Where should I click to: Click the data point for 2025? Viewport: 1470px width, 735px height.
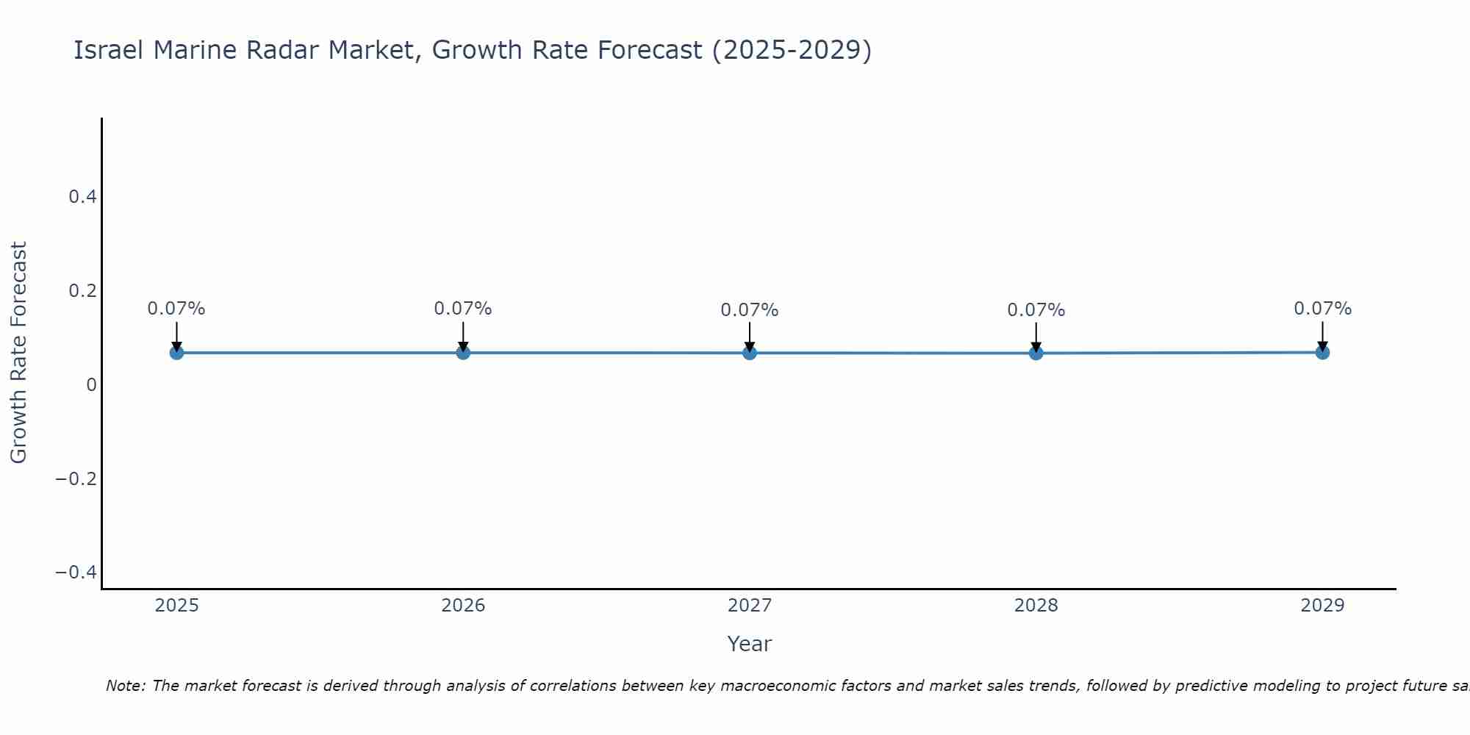176,353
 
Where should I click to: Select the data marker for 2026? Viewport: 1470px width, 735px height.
463,353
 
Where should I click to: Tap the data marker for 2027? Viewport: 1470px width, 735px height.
750,353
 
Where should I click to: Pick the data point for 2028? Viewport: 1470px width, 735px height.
1036,353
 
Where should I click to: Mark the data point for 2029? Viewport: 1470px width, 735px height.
1322,352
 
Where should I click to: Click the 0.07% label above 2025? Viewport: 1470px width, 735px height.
176,309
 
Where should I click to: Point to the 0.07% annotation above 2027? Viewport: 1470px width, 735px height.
750,310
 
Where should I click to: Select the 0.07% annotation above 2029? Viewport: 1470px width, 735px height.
1322,309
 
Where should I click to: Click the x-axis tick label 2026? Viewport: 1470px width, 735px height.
463,606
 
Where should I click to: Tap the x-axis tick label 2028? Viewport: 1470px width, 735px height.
1036,606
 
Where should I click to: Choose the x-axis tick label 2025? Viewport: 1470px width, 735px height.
177,606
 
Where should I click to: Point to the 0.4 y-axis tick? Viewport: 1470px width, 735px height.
82,197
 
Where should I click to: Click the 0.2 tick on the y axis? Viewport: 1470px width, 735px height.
82,291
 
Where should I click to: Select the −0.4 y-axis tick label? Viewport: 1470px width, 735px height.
76,573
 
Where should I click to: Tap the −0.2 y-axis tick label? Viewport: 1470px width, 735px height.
76,479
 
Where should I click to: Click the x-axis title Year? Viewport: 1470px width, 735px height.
749,644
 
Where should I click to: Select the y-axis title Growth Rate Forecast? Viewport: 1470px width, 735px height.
18,353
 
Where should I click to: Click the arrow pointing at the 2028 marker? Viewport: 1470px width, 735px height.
1036,336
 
